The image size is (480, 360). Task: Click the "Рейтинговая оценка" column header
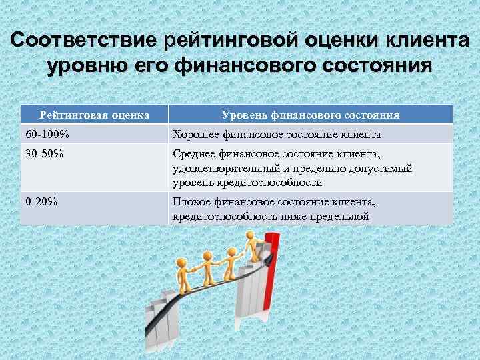pos(94,115)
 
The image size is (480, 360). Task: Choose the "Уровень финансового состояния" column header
pos(310,115)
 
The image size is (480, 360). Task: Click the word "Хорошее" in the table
pos(194,135)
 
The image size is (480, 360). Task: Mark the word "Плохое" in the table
pos(190,202)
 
